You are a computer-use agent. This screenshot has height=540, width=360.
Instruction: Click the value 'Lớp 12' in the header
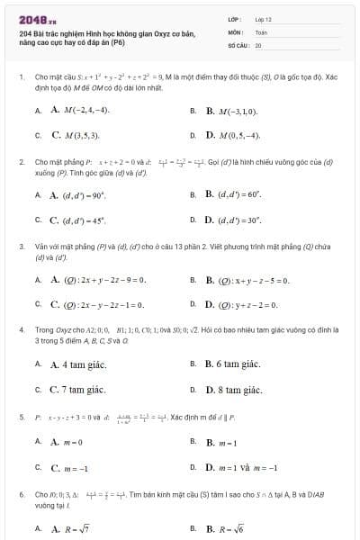tap(263, 18)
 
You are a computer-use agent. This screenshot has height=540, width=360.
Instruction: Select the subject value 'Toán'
tap(261, 31)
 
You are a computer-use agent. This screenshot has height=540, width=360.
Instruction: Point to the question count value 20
tap(258, 44)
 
